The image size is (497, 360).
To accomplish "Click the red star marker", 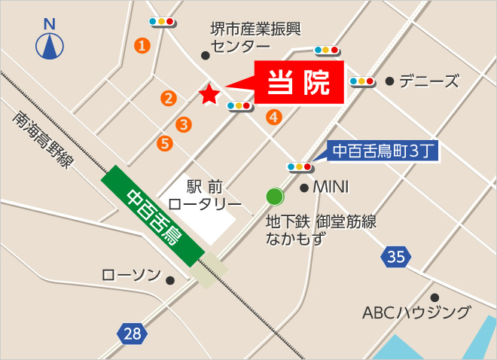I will pos(209,94).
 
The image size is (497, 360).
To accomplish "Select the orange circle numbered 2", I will pos(168,97).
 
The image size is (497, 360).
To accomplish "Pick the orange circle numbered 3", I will pos(183,124).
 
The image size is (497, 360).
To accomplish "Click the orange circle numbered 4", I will pos(273,117).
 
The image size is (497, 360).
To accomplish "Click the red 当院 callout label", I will pos(300,83).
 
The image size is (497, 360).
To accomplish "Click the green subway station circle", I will pos(275,197).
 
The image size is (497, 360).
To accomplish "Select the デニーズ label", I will pos(428,81).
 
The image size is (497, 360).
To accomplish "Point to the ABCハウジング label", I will pos(416,312).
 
